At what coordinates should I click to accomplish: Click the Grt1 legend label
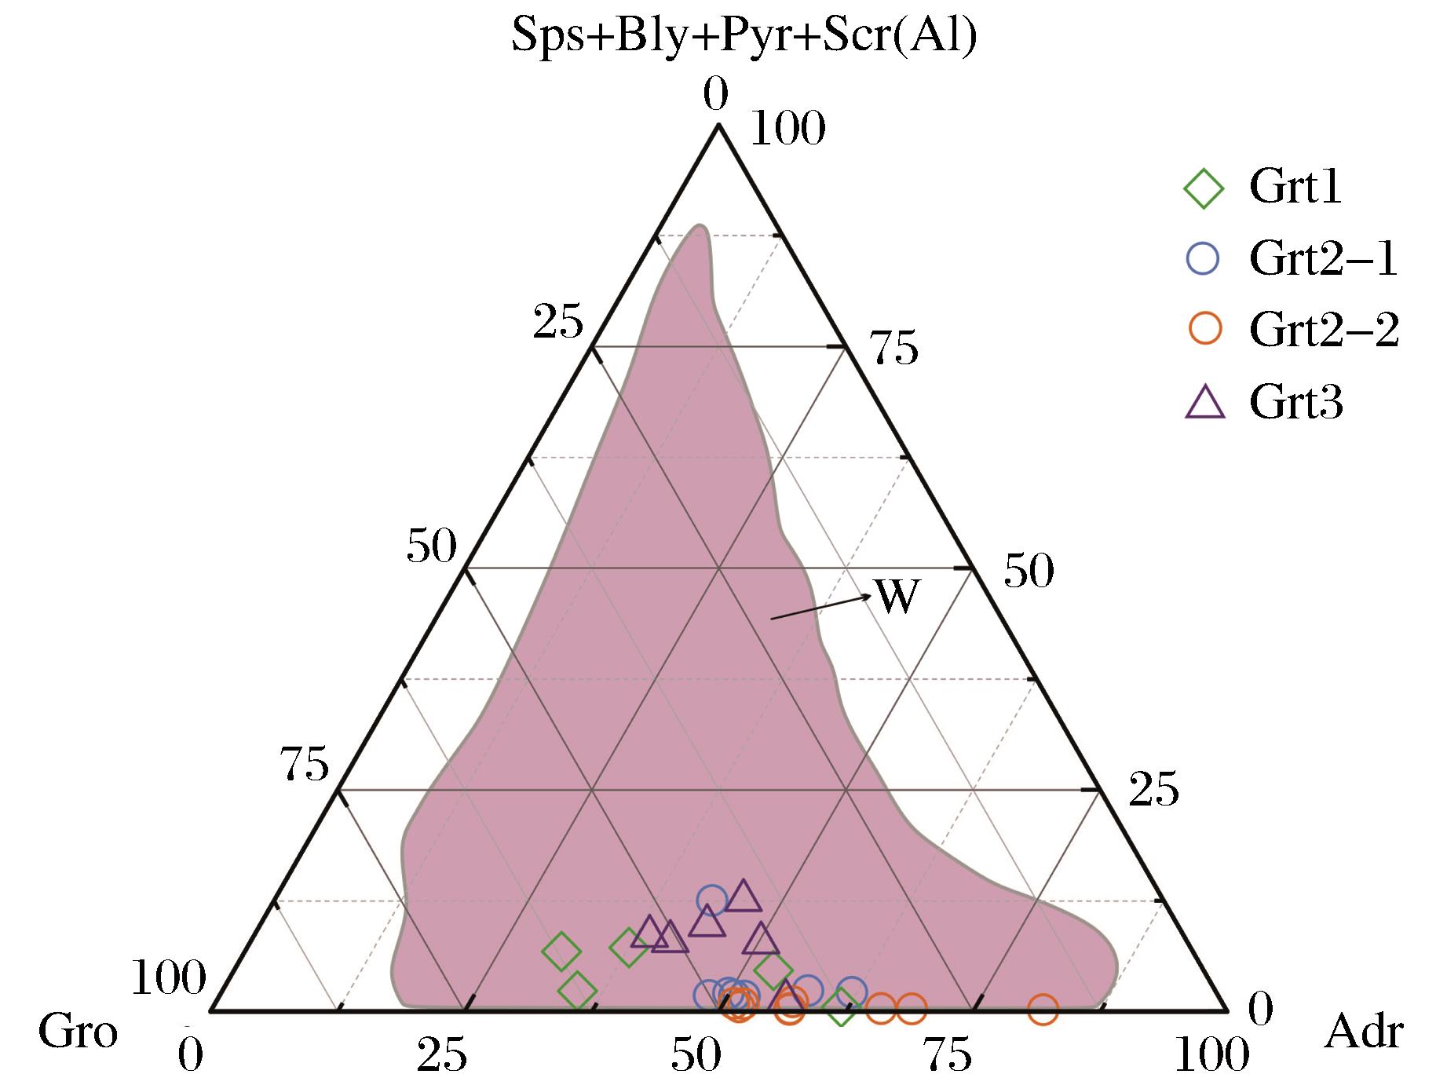tap(1295, 188)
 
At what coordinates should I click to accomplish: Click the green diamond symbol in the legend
tap(1203, 188)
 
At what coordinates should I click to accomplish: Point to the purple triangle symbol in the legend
tap(1204, 403)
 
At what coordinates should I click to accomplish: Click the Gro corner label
tap(78, 1032)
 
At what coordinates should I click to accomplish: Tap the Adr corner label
tap(1363, 1032)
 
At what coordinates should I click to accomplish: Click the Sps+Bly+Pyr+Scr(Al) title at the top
tap(744, 35)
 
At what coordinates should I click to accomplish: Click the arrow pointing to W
tap(820, 607)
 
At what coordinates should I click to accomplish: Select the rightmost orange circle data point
tap(1043, 1010)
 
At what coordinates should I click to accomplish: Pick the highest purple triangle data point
tap(743, 896)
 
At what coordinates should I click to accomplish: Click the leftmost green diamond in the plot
tap(561, 952)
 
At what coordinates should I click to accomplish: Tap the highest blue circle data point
tap(712, 900)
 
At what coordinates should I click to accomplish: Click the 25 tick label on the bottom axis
tap(442, 1057)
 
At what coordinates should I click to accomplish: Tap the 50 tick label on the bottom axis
tap(696, 1057)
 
